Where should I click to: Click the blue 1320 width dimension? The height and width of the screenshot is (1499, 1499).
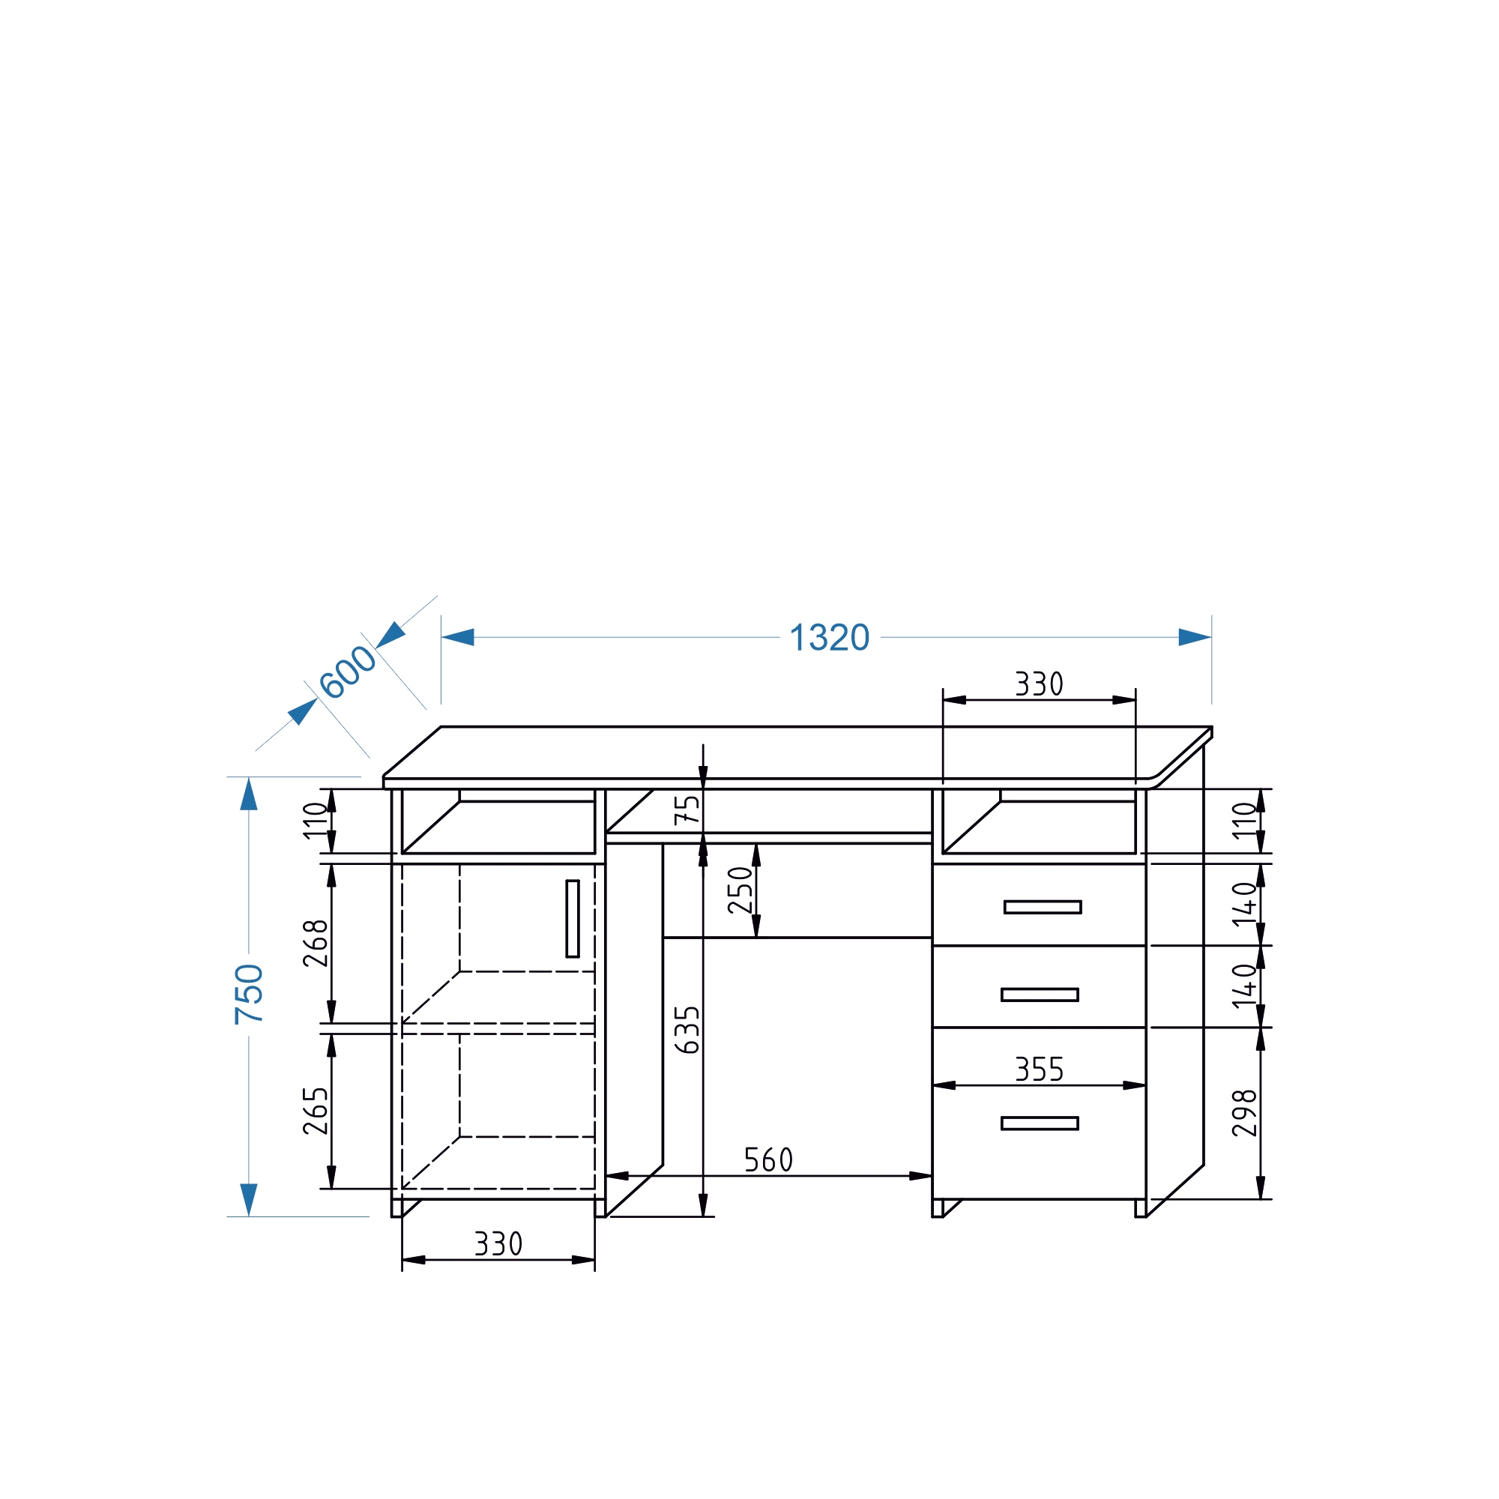click(x=829, y=638)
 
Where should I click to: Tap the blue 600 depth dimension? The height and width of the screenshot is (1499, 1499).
click(x=348, y=672)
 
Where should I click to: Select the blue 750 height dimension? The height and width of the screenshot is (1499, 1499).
click(x=249, y=994)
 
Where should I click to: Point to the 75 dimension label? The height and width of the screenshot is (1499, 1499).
click(x=687, y=809)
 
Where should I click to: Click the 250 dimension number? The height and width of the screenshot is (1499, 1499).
click(x=741, y=890)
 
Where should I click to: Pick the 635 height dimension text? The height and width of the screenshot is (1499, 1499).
click(x=687, y=1030)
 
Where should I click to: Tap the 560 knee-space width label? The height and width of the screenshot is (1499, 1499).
click(x=768, y=1160)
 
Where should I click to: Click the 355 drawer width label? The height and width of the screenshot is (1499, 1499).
click(x=1040, y=1070)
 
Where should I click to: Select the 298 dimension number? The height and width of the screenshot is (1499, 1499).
click(x=1244, y=1114)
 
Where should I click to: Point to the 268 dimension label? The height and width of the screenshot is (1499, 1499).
click(x=316, y=943)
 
